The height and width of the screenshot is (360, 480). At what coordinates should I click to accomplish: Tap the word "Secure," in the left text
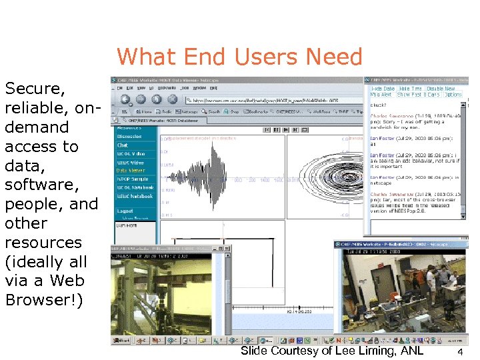click(x=35, y=89)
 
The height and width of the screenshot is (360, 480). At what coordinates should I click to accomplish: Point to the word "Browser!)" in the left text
click(x=44, y=300)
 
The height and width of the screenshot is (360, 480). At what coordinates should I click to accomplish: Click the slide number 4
click(x=461, y=351)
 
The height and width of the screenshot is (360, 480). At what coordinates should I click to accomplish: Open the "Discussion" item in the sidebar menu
click(x=130, y=137)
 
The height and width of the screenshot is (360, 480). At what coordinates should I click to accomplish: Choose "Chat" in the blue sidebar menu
click(x=123, y=145)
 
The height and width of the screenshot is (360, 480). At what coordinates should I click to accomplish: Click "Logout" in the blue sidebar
click(x=125, y=210)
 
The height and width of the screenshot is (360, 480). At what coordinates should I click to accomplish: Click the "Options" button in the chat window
click(x=453, y=95)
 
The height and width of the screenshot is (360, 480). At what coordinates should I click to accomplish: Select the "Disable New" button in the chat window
click(x=441, y=88)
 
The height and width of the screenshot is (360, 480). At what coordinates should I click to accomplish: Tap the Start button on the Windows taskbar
click(x=122, y=341)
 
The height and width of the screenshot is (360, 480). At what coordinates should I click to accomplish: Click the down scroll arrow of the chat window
click(x=466, y=214)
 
